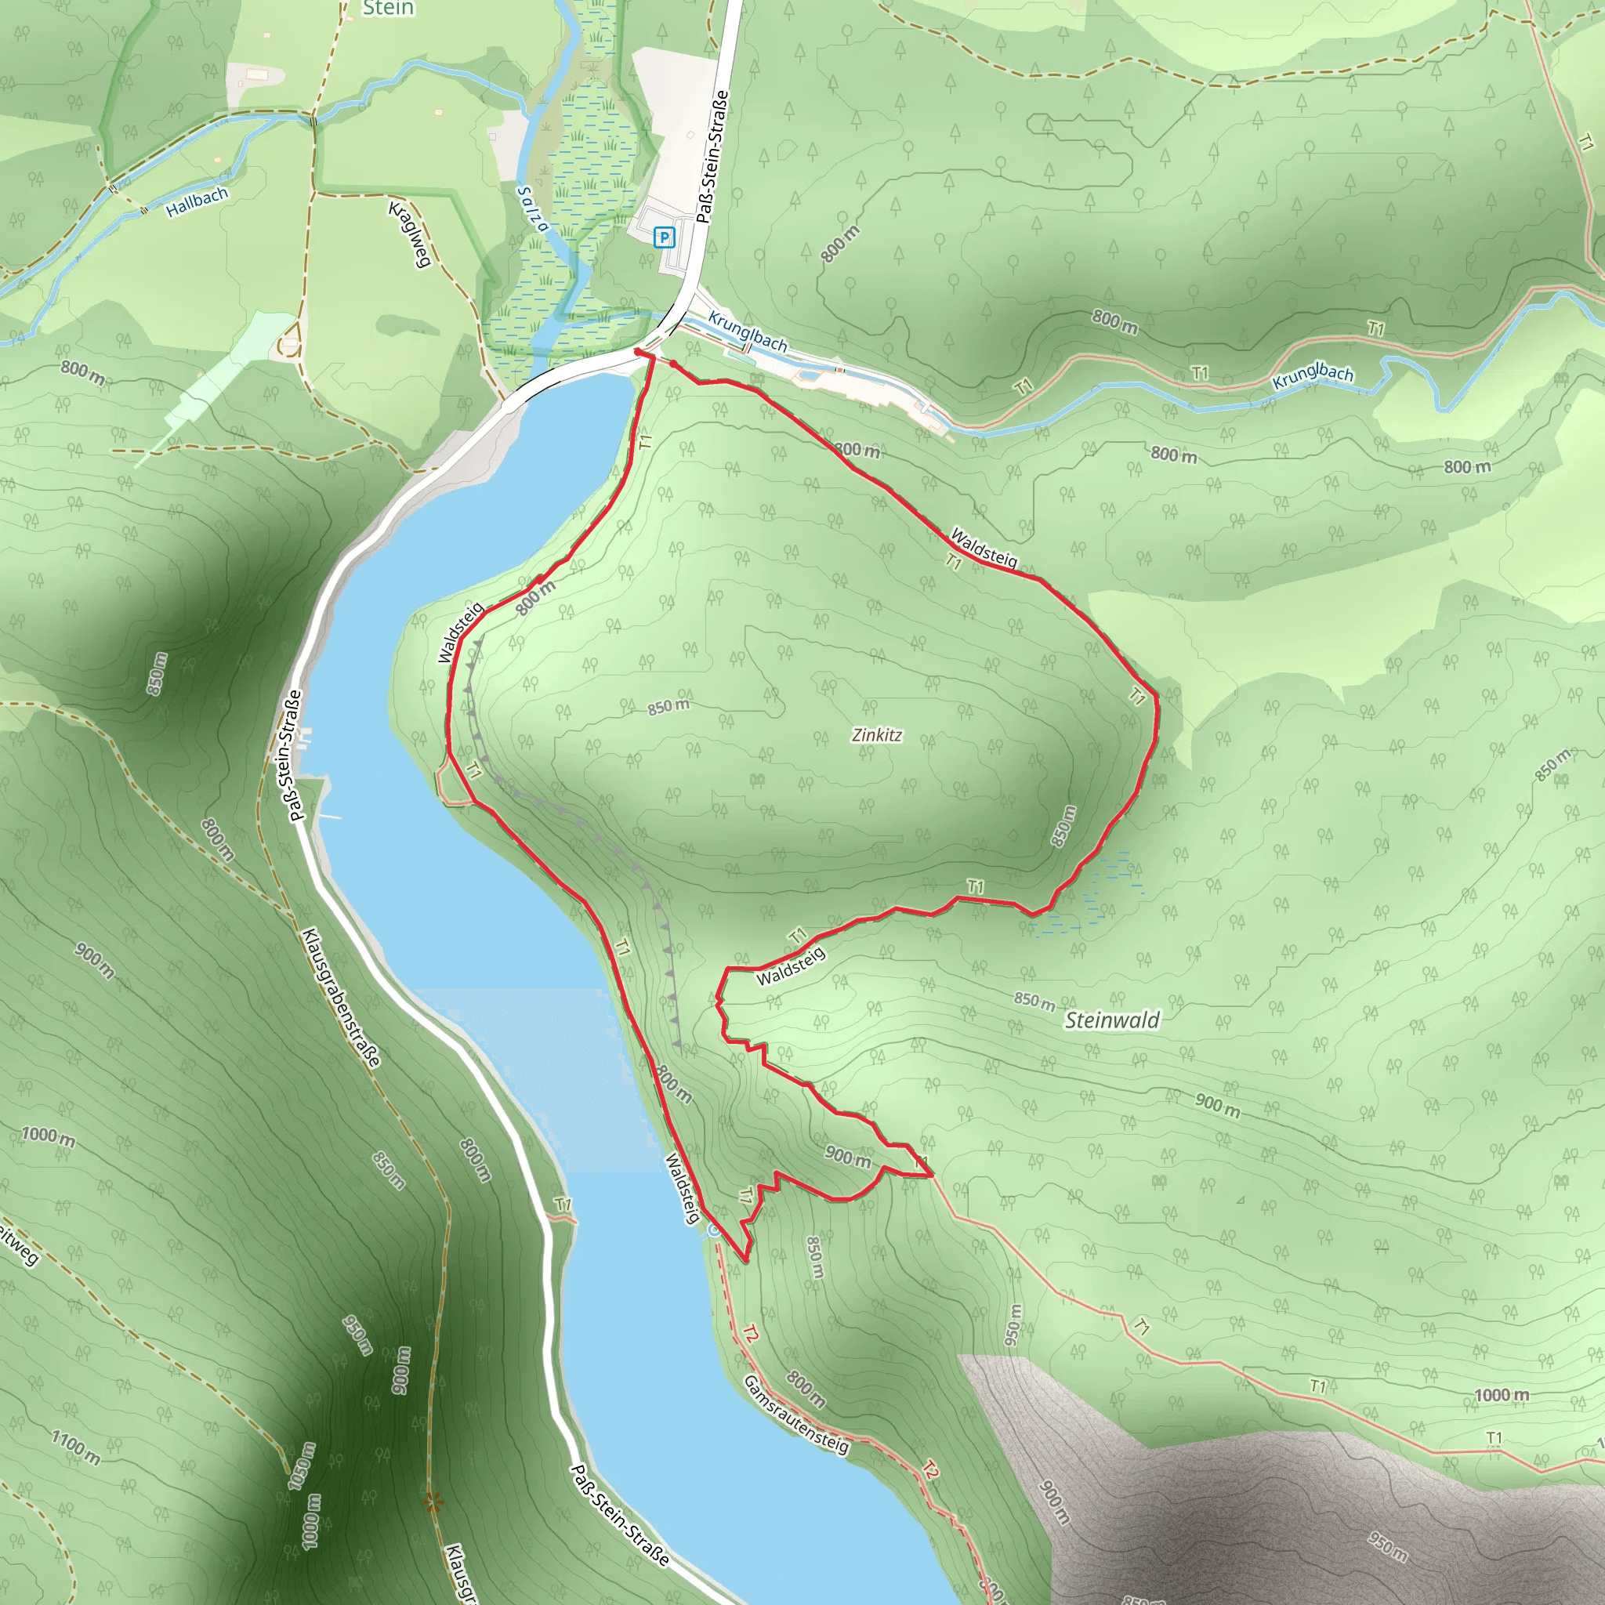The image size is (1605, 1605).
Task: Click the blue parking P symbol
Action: click(664, 238)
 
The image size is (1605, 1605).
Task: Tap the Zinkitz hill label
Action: click(876, 734)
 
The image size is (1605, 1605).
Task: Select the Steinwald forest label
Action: click(1111, 1020)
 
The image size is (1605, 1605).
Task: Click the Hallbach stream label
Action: click(197, 202)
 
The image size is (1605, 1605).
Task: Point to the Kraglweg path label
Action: click(410, 234)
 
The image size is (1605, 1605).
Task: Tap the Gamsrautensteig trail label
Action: click(796, 1414)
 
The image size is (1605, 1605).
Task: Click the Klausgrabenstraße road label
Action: click(342, 997)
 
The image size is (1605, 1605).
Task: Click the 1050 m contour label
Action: click(302, 1466)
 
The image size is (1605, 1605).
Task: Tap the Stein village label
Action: click(388, 9)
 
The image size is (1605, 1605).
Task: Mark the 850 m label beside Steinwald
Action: click(1034, 1000)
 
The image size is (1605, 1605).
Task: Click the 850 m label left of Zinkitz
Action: click(668, 707)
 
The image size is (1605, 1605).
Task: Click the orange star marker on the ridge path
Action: click(431, 1501)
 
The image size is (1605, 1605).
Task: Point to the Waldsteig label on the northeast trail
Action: click(984, 548)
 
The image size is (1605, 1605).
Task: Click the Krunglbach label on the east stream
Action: click(1313, 375)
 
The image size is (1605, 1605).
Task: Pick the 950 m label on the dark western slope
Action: click(357, 1335)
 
